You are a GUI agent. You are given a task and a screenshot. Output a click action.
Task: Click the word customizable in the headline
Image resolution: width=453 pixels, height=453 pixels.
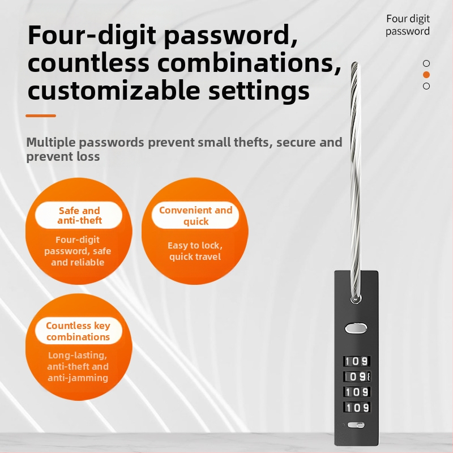click(x=114, y=90)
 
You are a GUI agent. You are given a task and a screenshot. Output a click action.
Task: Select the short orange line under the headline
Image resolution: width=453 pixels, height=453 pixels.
click(x=41, y=116)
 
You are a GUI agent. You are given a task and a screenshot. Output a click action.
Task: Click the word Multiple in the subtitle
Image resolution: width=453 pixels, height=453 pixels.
click(x=50, y=143)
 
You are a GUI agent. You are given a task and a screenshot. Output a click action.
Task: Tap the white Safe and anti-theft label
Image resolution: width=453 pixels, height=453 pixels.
click(x=79, y=215)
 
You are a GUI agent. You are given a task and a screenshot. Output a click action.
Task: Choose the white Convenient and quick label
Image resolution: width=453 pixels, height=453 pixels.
click(x=195, y=215)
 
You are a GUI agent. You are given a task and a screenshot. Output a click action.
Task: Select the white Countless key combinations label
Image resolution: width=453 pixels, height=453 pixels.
click(x=79, y=331)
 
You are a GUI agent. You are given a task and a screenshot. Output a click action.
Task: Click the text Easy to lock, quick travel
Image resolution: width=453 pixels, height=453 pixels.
click(x=195, y=251)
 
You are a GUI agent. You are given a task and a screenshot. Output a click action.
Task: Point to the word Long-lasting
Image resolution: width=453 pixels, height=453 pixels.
click(x=78, y=355)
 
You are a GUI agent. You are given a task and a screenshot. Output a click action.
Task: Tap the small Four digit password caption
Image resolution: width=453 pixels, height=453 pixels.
click(x=408, y=25)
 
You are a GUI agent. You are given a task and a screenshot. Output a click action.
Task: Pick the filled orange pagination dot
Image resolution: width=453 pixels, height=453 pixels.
click(x=426, y=75)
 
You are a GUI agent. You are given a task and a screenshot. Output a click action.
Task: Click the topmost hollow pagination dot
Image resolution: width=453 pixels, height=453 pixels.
click(x=426, y=63)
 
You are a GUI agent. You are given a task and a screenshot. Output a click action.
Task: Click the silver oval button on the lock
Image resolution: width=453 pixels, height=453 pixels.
click(x=356, y=328)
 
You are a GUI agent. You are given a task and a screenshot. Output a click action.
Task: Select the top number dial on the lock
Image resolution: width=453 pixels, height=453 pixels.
click(x=357, y=361)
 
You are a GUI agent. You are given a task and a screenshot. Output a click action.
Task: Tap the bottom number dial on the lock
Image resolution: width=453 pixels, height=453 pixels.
click(x=357, y=407)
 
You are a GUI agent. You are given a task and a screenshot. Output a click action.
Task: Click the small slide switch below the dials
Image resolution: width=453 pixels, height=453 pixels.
click(x=356, y=425)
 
